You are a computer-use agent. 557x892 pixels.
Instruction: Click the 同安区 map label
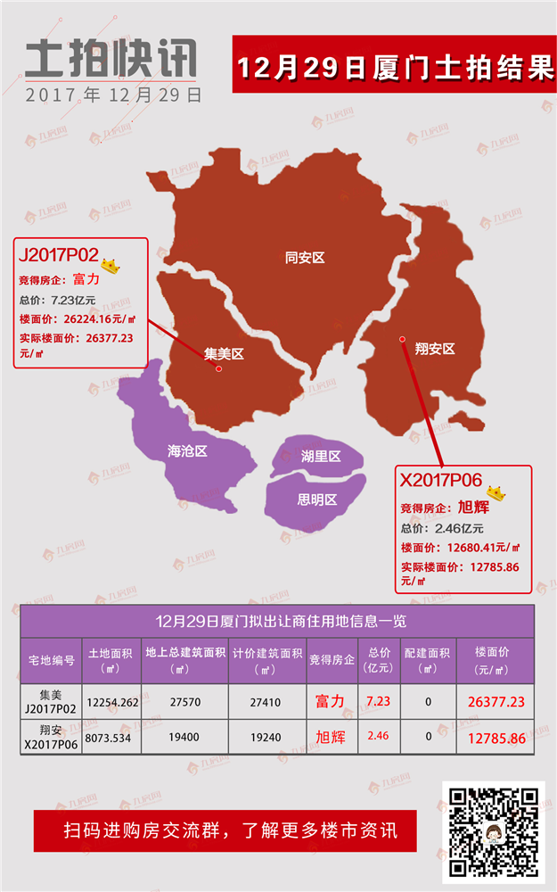pyautogui.click(x=305, y=258)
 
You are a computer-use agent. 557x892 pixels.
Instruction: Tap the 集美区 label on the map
pyautogui.click(x=224, y=353)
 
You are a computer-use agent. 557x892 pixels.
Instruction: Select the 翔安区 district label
pyautogui.click(x=435, y=348)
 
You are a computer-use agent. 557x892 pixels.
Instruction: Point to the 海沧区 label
pyautogui.click(x=187, y=451)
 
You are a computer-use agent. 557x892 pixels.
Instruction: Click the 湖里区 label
pyautogui.click(x=321, y=457)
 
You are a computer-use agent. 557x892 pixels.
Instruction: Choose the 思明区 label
pyautogui.click(x=317, y=500)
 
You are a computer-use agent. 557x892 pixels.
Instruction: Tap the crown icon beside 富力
pyautogui.click(x=111, y=265)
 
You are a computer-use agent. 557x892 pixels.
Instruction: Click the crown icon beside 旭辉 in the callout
pyautogui.click(x=496, y=492)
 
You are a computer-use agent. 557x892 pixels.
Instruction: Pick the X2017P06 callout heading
pyautogui.click(x=441, y=480)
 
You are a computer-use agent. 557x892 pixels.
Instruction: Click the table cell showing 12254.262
pyautogui.click(x=112, y=702)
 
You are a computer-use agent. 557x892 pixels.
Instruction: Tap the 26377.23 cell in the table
pyautogui.click(x=496, y=702)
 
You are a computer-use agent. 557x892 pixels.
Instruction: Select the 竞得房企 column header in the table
pyautogui.click(x=332, y=661)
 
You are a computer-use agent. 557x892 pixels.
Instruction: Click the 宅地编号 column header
pyautogui.click(x=51, y=661)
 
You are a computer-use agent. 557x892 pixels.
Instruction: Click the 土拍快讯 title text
pyautogui.click(x=111, y=60)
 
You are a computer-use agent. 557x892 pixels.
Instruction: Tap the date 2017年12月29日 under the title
pyautogui.click(x=113, y=94)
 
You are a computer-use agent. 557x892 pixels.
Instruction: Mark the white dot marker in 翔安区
pyautogui.click(x=403, y=339)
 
